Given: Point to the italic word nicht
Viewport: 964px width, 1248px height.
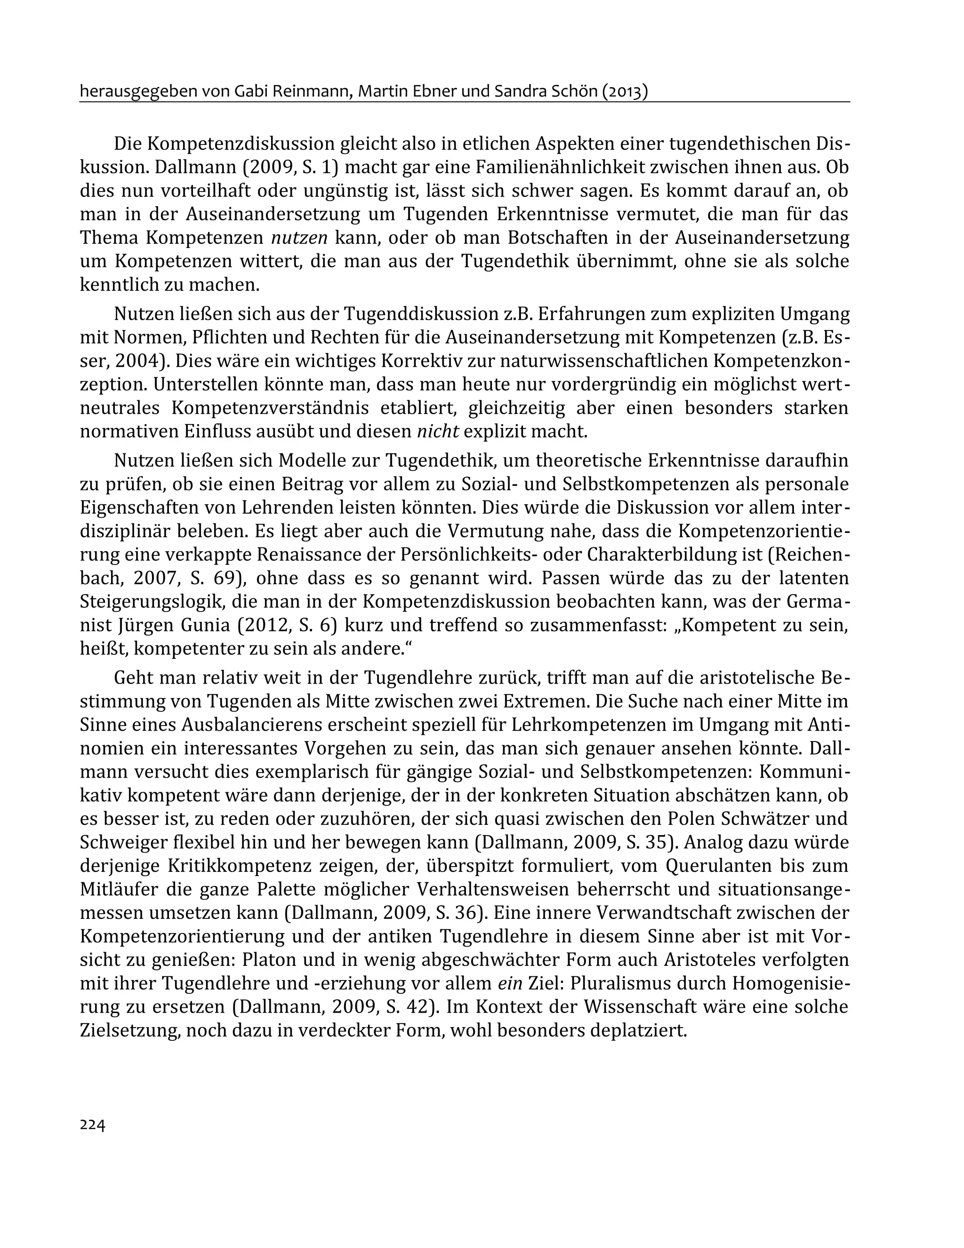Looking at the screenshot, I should coord(438,431).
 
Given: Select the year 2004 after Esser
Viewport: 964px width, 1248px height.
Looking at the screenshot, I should coord(137,361).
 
